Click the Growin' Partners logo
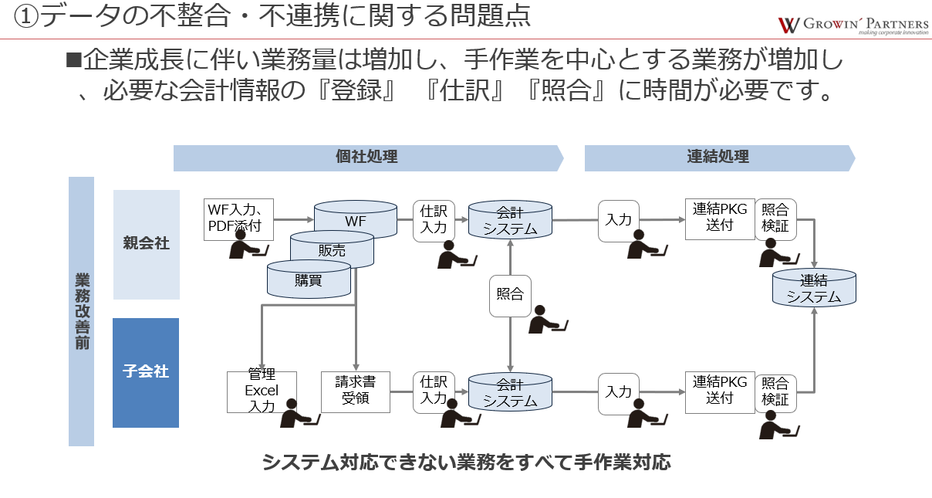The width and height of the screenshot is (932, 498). click(853, 24)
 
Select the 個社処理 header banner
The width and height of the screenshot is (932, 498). click(367, 157)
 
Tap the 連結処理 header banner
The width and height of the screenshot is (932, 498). click(718, 157)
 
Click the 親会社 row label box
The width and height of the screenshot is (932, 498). click(147, 244)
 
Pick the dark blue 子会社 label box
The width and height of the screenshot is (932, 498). click(146, 372)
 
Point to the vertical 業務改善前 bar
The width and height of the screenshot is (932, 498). click(81, 311)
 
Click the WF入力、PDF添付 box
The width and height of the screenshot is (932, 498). click(238, 219)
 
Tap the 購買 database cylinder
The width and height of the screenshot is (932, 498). click(308, 280)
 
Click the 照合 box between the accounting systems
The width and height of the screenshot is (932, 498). click(510, 295)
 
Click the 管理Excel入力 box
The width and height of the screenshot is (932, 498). click(262, 391)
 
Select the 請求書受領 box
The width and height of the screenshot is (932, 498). click(355, 391)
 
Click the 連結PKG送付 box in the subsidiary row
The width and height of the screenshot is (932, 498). click(720, 391)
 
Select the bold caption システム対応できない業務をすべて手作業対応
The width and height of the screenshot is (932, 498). click(466, 462)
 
